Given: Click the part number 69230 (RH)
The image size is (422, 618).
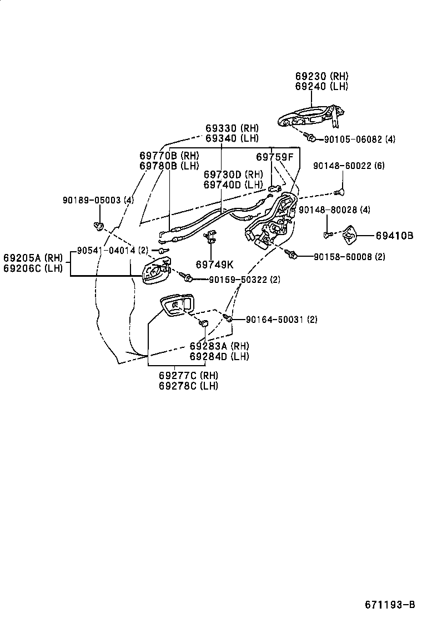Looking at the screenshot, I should tap(322, 76).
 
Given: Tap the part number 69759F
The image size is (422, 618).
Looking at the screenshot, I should tap(274, 157).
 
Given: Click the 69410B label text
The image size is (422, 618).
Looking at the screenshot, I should tap(394, 236).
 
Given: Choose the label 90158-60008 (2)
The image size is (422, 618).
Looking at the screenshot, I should tap(349, 257).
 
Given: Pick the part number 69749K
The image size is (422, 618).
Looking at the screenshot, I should tap(215, 265).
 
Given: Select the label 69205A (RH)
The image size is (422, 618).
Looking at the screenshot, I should tap(33, 258).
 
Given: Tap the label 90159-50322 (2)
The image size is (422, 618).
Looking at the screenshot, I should tap(244, 280).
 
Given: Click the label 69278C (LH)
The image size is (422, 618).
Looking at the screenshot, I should tap(188, 386).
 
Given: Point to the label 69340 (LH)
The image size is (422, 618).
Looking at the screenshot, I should tap(232, 138).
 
